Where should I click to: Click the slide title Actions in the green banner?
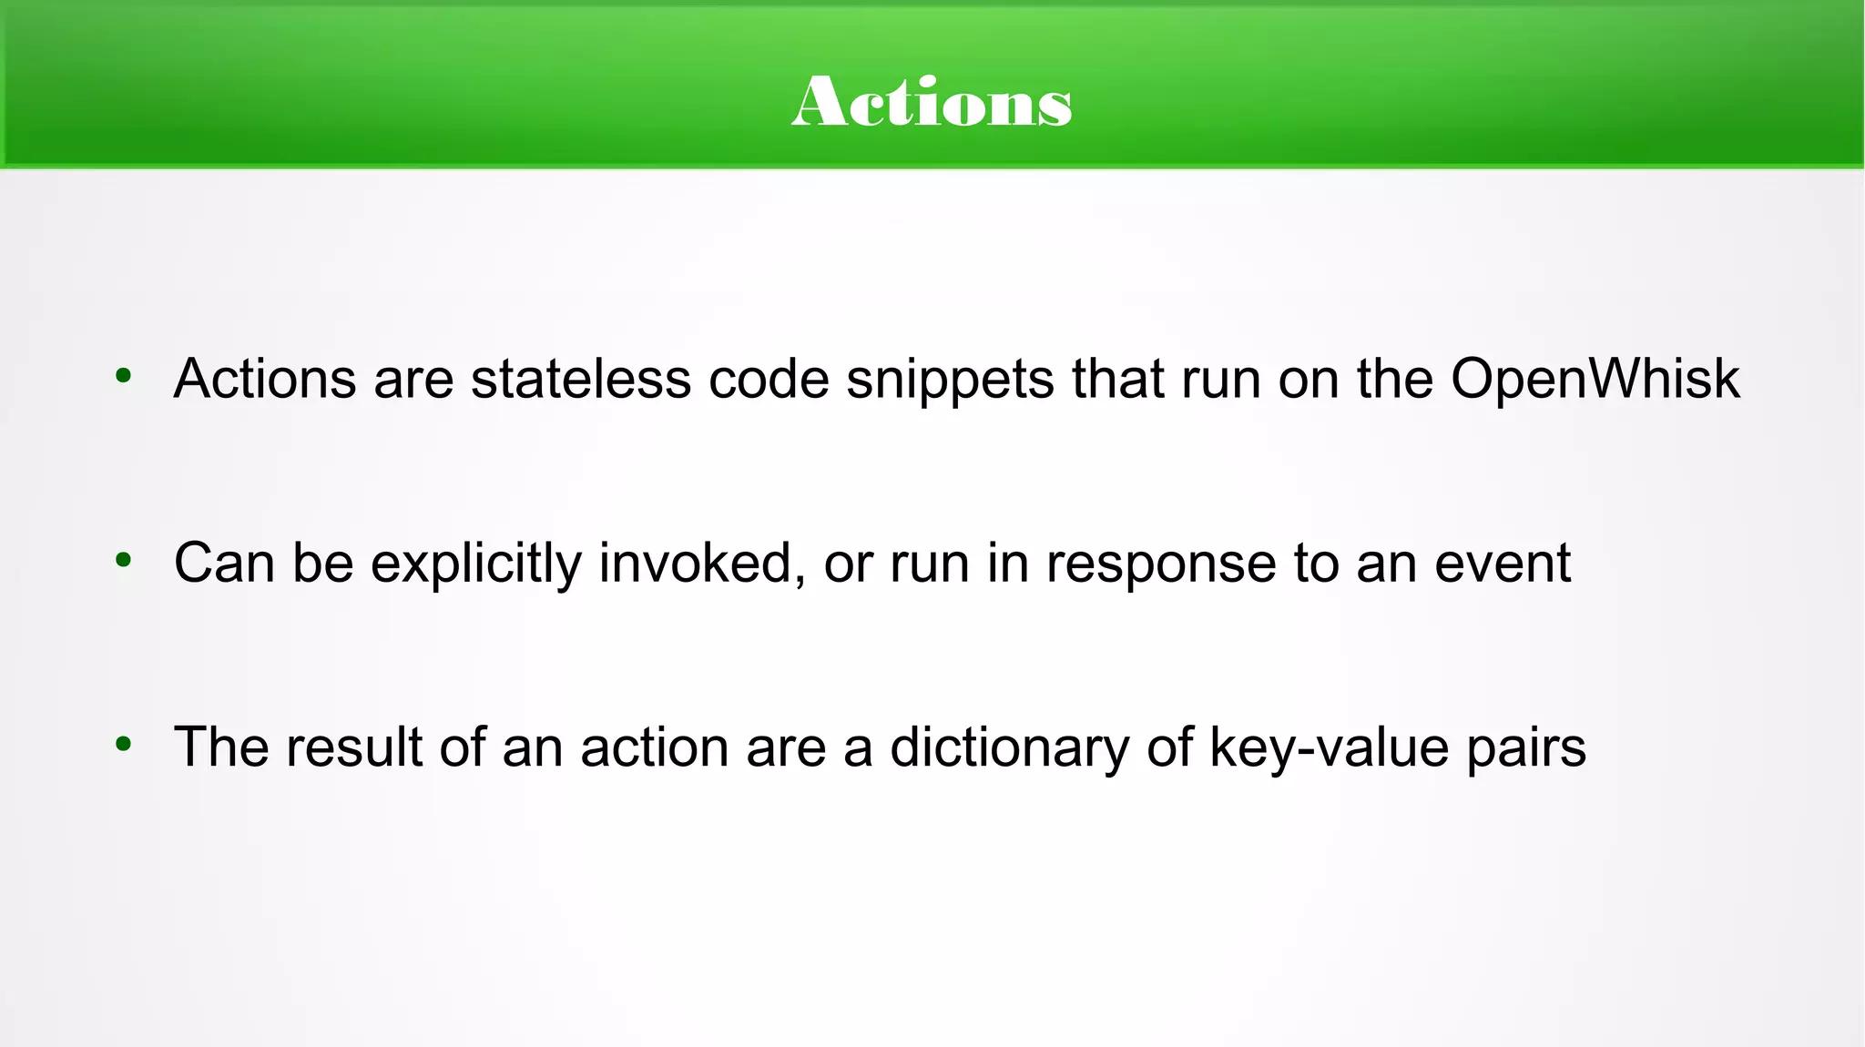932,102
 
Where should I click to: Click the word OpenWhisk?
1595,379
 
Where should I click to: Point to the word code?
769,379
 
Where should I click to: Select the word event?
1503,563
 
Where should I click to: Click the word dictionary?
1009,748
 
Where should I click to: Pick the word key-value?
1329,748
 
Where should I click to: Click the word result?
354,747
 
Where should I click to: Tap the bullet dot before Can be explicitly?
124,560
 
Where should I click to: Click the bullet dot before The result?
124,745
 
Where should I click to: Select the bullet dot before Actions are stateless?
124,375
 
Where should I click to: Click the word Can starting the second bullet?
224,563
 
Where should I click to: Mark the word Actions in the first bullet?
265,379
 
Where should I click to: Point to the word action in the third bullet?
655,747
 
